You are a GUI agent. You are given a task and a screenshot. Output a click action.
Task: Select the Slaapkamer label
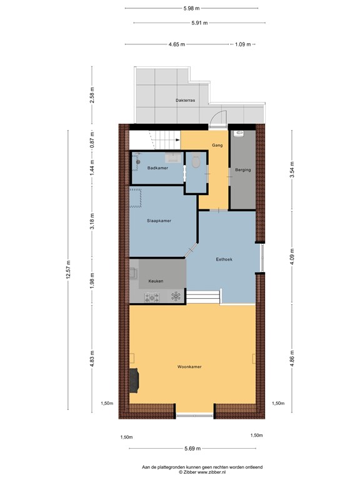pos(159,221)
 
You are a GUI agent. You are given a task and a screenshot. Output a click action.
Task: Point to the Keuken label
pos(156,281)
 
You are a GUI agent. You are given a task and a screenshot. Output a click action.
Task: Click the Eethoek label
pos(224,259)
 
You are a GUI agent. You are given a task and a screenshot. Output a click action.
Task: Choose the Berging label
pos(242,169)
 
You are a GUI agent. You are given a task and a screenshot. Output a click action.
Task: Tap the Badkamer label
pos(157,168)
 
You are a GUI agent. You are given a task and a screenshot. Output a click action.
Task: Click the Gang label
pos(217,145)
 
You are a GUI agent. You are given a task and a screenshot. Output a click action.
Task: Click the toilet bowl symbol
pos(196,163)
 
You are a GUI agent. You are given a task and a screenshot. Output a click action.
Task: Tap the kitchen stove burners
pos(151,297)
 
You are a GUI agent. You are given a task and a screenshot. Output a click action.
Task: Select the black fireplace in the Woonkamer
pos(134,379)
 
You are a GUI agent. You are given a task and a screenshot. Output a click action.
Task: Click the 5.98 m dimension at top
pos(191,8)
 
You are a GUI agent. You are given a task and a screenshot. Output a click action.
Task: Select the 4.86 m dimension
pos(291,359)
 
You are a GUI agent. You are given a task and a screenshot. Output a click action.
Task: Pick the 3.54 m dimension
pos(291,171)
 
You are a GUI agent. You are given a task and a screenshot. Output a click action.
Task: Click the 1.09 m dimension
pos(242,44)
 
